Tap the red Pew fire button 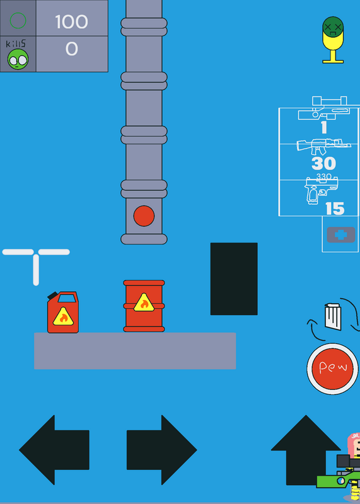(x=332, y=369)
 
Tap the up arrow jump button (x=306, y=450)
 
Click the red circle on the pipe (x=144, y=215)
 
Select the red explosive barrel (x=144, y=306)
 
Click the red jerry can (x=63, y=312)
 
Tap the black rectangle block (x=234, y=278)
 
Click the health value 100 (x=71, y=21)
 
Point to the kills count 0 (x=72, y=49)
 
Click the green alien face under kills (x=18, y=59)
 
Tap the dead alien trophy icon (x=333, y=40)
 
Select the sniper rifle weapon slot (x=323, y=108)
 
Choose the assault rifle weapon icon (x=323, y=147)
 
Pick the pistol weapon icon (x=322, y=191)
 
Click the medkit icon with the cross (x=341, y=234)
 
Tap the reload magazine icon (x=334, y=317)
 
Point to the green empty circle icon (x=18, y=21)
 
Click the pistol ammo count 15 (x=335, y=209)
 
